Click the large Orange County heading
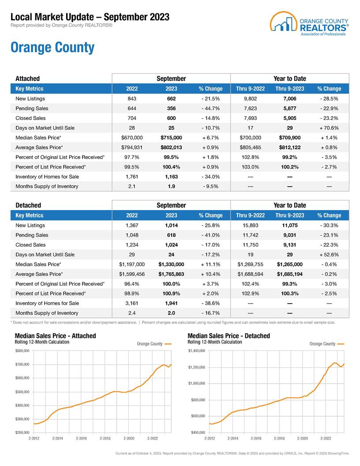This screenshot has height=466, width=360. tap(52, 47)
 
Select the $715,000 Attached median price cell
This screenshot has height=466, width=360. tap(171, 138)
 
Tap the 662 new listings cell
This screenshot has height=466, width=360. tap(171, 99)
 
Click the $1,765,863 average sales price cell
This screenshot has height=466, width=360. tap(171, 274)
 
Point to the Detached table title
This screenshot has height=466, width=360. tap(28, 205)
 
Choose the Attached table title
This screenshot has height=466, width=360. tap(27, 79)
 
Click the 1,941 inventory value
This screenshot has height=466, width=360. tap(171, 303)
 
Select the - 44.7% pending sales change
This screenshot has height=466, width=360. tap(210, 109)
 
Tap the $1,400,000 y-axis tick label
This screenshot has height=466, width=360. tap(197, 351)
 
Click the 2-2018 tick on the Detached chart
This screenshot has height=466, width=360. tap(279, 439)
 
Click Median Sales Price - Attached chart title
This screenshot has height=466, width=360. tap(56, 336)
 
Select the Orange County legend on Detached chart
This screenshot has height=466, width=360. tap(326, 344)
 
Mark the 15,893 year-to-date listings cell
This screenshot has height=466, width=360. tap(250, 225)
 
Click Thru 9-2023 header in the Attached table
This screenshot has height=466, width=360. tap(289, 89)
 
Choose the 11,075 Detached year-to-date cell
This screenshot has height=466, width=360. tap(289, 225)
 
